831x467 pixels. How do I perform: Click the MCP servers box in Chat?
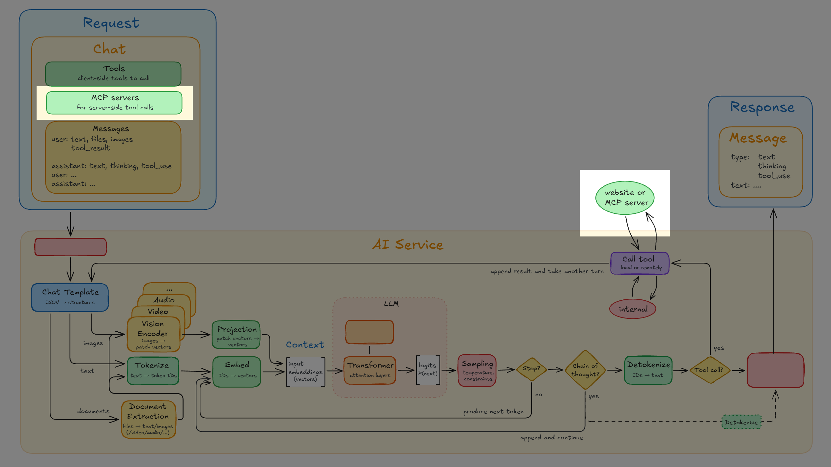click(x=114, y=103)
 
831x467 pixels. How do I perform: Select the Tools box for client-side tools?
click(x=113, y=74)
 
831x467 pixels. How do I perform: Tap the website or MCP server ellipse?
click(x=625, y=198)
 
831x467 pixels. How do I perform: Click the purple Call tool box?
click(x=640, y=263)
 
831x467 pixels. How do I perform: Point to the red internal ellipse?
click(x=633, y=309)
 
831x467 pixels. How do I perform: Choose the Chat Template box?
click(x=70, y=297)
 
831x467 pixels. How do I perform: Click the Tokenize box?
click(x=153, y=371)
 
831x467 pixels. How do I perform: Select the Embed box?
click(x=237, y=371)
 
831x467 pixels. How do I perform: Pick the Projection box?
click(x=236, y=335)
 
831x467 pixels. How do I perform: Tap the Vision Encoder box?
click(x=154, y=334)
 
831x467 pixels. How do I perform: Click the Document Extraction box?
click(x=149, y=419)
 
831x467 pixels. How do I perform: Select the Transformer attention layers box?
click(x=370, y=370)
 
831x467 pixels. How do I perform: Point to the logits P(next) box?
click(x=428, y=370)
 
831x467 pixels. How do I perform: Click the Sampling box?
click(x=477, y=370)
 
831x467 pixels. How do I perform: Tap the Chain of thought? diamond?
click(x=585, y=370)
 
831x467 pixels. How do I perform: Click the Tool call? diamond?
click(x=709, y=370)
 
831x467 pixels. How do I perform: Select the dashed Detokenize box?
click(x=741, y=422)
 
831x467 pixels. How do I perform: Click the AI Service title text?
click(x=408, y=245)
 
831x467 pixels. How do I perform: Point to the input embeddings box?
click(x=305, y=372)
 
